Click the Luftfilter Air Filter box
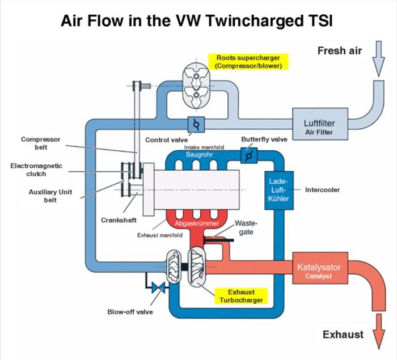pyautogui.click(x=320, y=124)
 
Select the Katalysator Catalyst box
pyautogui.click(x=320, y=268)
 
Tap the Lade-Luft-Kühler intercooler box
pyautogui.click(x=279, y=190)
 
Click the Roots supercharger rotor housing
pyautogui.click(x=196, y=86)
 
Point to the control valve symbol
pyautogui.click(x=196, y=124)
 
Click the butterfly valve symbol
pyautogui.click(x=249, y=155)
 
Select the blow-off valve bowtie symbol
pyautogui.click(x=158, y=287)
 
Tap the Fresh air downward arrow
pyautogui.click(x=378, y=59)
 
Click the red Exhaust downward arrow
pyautogui.click(x=379, y=332)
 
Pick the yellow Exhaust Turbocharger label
pyautogui.click(x=241, y=296)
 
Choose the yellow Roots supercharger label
pyautogui.click(x=248, y=62)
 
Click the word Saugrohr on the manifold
pyautogui.click(x=199, y=154)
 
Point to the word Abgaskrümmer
pyautogui.click(x=197, y=223)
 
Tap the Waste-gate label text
pyautogui.click(x=246, y=227)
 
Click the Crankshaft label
pyautogui.click(x=119, y=221)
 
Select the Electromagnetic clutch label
pyautogui.click(x=36, y=170)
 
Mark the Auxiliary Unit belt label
pyautogui.click(x=50, y=196)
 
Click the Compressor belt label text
pyautogui.click(x=40, y=143)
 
